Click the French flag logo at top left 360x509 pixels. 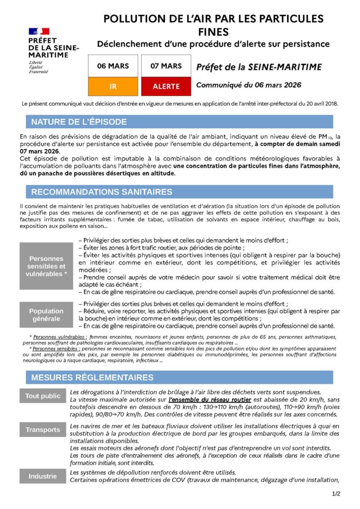click(x=39, y=31)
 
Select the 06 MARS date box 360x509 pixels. click(x=112, y=66)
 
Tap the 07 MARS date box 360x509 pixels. click(x=166, y=66)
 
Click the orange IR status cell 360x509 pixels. click(x=112, y=86)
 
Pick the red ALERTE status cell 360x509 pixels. click(x=166, y=86)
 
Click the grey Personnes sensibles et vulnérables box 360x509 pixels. click(x=46, y=266)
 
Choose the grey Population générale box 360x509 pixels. click(x=46, y=315)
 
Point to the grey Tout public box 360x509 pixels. click(x=43, y=396)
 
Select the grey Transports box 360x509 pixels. click(x=43, y=429)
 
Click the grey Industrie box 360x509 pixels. click(x=43, y=476)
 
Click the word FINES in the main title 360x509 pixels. click(x=213, y=32)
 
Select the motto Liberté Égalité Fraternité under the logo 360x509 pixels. click(x=38, y=67)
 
